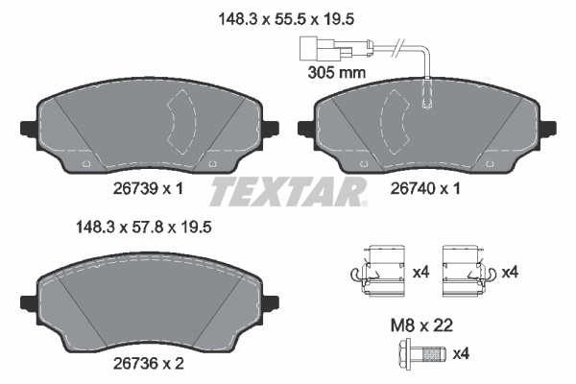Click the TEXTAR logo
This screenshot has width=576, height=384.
point(288,191)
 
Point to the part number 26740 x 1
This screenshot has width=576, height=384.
point(425,190)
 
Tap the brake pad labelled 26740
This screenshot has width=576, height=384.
point(425,130)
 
